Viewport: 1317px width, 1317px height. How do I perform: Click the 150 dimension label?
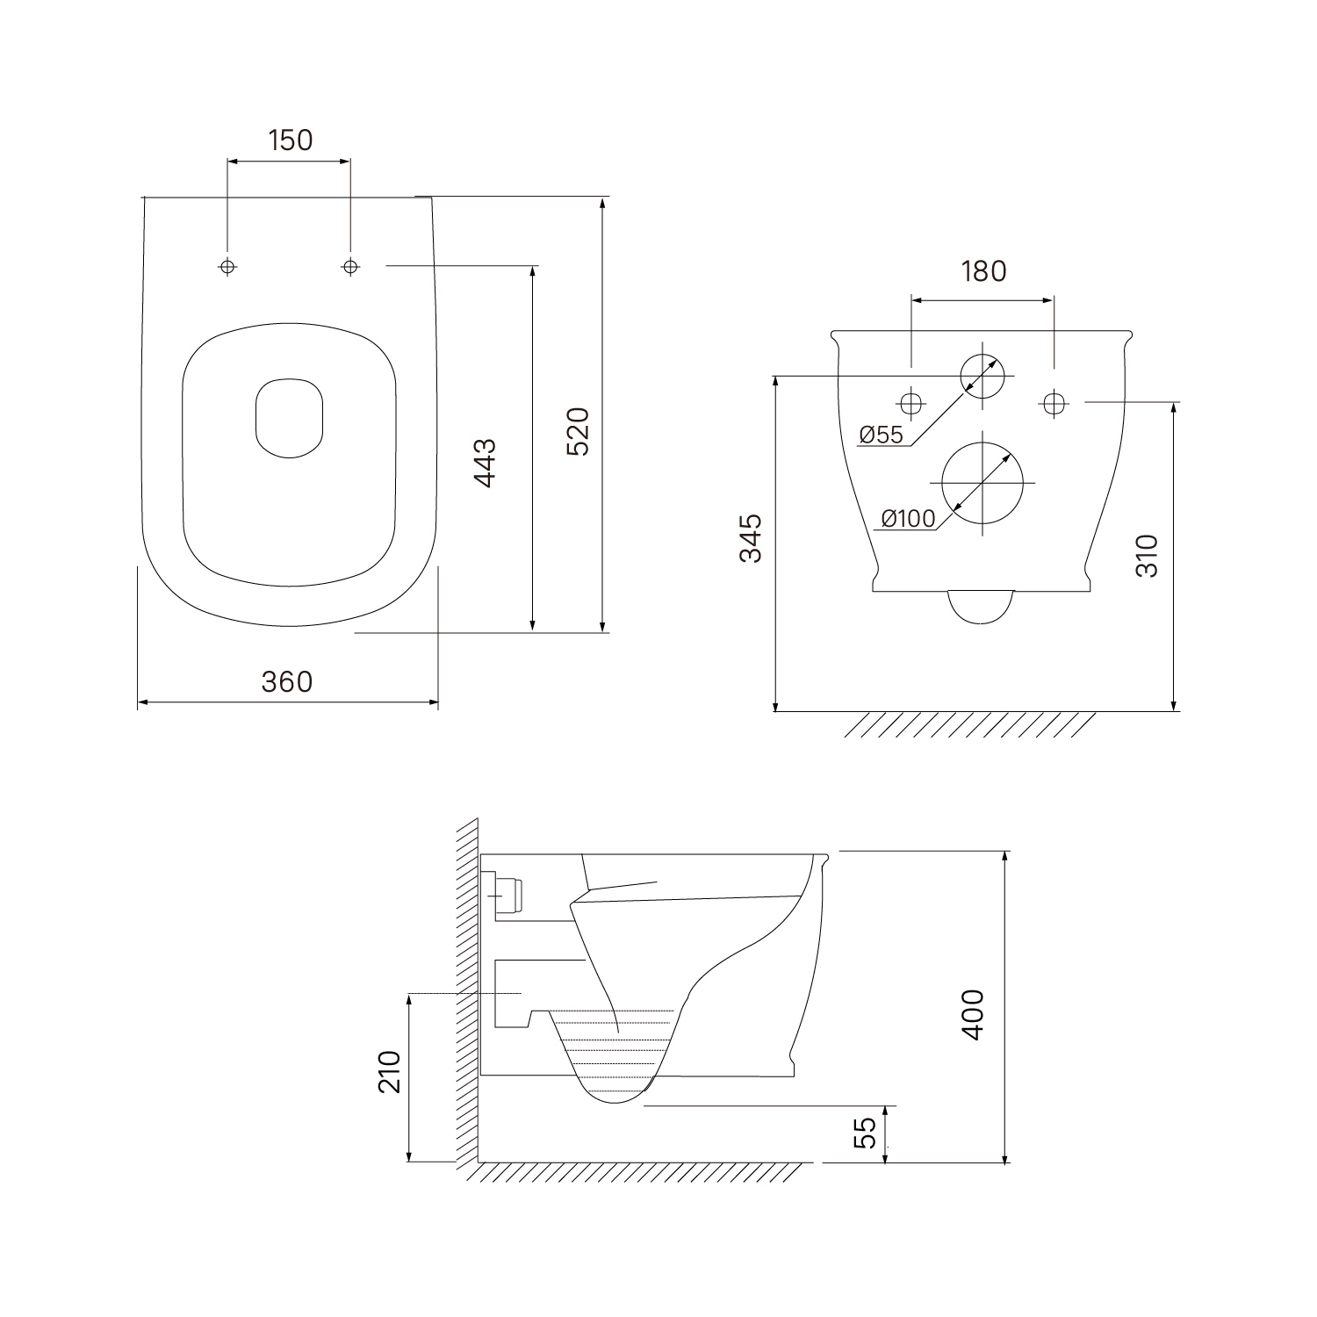(291, 140)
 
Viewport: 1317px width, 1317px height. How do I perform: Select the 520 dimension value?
(578, 430)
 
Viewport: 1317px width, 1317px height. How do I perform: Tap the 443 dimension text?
(485, 463)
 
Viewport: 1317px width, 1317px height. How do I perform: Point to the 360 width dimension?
(287, 680)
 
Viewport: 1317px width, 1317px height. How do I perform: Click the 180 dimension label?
(983, 271)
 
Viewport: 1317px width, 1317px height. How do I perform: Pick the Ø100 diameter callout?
(908, 519)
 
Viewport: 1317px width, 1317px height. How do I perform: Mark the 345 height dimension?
(750, 537)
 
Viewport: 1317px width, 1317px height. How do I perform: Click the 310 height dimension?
(1148, 555)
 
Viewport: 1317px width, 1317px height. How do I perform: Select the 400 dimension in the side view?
(973, 1014)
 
